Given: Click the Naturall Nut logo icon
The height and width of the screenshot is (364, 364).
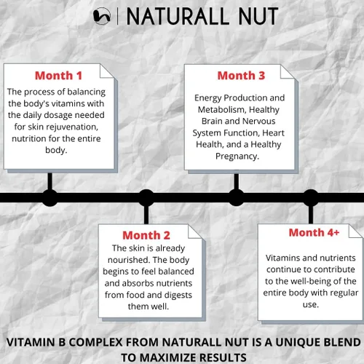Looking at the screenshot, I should (103, 15).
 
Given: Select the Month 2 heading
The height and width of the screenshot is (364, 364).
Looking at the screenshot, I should (146, 235).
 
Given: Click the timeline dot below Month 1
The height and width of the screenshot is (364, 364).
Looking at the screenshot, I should (50, 197).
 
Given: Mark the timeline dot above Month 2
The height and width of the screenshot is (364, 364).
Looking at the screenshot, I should (146, 197).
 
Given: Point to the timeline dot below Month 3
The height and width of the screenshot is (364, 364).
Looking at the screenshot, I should (236, 197).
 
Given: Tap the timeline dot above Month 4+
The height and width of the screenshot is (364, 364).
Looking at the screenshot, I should (311, 197).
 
